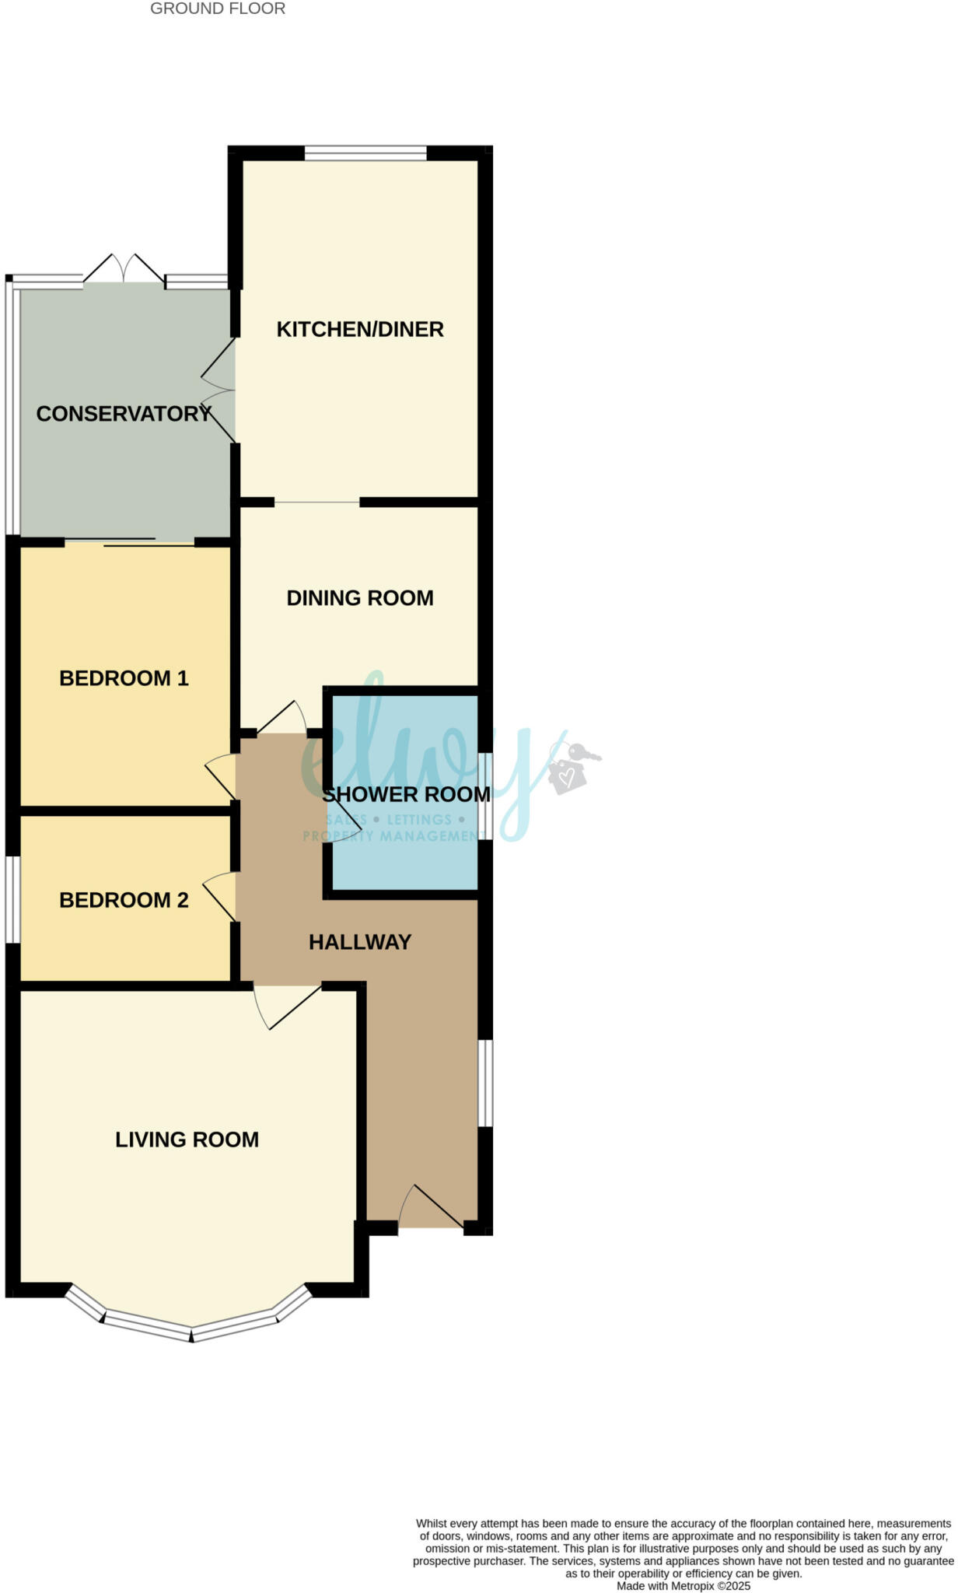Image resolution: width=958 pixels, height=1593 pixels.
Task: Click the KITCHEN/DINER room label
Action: point(360,330)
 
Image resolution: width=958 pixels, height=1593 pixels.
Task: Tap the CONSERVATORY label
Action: point(124,414)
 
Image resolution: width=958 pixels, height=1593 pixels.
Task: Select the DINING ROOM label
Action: point(360,598)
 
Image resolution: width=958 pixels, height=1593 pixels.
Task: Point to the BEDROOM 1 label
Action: point(124,678)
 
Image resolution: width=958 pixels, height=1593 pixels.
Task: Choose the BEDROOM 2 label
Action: point(124,900)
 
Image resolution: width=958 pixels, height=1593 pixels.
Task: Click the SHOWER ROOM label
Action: point(406,795)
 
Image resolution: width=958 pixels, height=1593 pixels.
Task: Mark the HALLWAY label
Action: point(360,942)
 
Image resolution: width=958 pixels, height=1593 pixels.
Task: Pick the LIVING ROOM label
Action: point(187,1140)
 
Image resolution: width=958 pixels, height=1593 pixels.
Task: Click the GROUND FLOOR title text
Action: point(218,9)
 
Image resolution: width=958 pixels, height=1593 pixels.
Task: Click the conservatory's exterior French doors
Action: point(124,270)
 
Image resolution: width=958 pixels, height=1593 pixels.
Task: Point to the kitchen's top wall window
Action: point(365,153)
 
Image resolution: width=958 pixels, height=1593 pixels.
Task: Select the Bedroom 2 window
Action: point(12,900)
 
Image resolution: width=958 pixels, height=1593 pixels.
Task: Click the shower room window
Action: point(484,796)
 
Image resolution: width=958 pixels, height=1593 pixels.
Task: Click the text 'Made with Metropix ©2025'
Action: point(684,1585)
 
